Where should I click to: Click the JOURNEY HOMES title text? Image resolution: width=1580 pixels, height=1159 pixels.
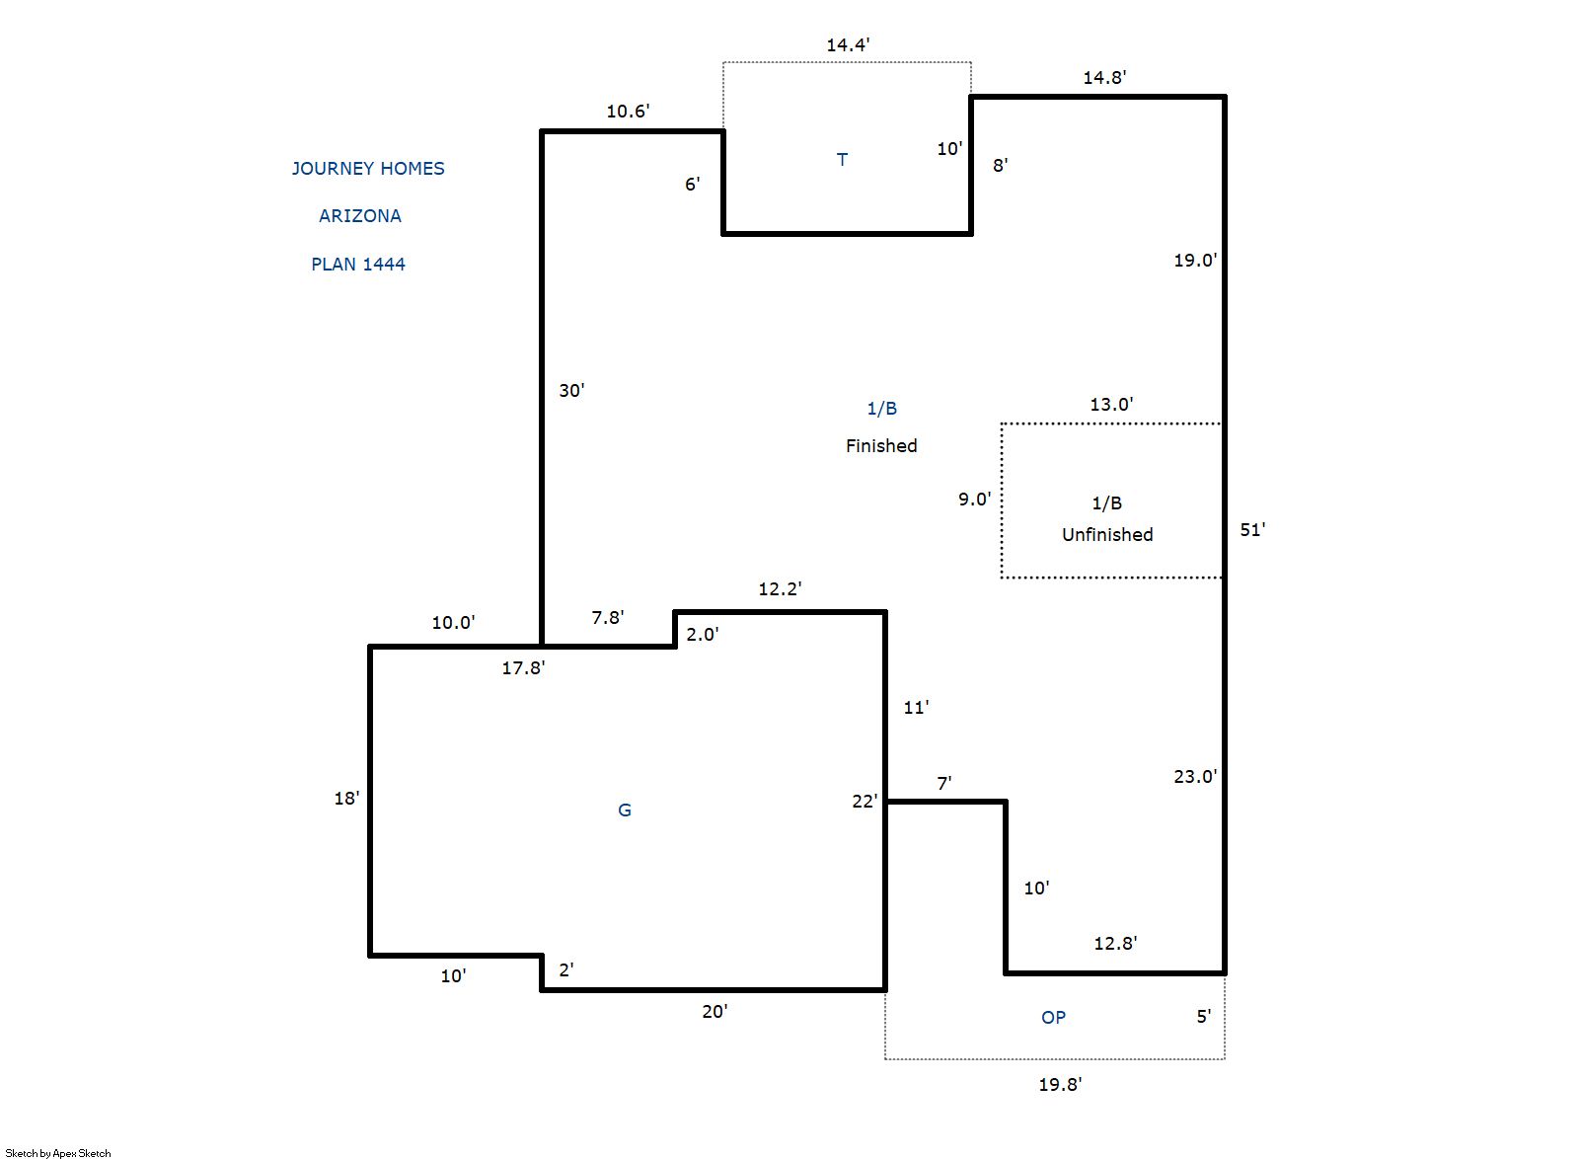point(368,169)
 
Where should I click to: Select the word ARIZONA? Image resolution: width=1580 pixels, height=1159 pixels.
point(360,216)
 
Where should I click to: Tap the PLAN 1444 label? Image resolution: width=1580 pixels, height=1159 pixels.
point(358,264)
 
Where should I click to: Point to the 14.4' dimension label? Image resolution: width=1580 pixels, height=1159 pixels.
point(848,44)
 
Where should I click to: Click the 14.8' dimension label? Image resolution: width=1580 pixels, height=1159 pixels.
point(1104,77)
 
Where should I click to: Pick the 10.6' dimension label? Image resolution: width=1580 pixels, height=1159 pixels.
point(628,111)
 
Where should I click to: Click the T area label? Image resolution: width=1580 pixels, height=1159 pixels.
point(842,159)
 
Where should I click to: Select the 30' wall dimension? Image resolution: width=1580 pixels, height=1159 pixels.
point(571,390)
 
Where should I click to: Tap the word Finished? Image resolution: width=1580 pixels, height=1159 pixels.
point(881,446)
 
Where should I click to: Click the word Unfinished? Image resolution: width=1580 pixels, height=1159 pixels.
point(1107,535)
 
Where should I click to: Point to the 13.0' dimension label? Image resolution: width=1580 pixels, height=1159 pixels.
point(1111,404)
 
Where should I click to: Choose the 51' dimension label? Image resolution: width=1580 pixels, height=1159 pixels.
point(1252,530)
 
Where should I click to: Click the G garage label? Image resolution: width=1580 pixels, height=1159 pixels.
point(625,810)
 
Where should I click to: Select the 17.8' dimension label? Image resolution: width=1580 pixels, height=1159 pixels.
point(523,668)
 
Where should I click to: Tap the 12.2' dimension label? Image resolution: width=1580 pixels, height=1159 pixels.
point(780,588)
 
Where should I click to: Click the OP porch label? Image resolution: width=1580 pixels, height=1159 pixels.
point(1053,1017)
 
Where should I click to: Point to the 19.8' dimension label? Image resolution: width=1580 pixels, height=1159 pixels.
point(1060,1084)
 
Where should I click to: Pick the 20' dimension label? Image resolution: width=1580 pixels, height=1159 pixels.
point(715,1012)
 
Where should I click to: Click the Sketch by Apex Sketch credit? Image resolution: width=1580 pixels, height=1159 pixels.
point(58,1153)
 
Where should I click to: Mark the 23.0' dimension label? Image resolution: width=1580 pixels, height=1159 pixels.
point(1195,777)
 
